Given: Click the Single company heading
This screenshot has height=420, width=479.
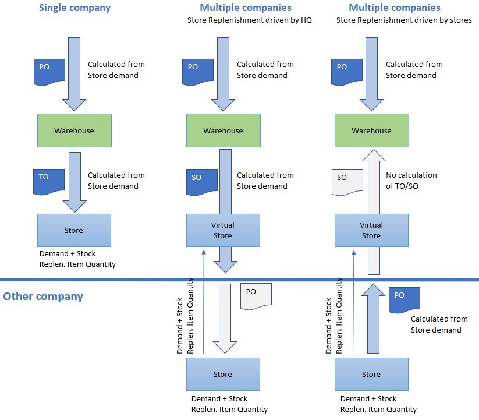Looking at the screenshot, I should pos(74,8).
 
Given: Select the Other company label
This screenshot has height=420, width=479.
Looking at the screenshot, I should pos(43,297).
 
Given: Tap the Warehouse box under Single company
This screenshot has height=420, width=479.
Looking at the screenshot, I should pos(74,130).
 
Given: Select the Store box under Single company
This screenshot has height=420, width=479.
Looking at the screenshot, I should pos(74,230).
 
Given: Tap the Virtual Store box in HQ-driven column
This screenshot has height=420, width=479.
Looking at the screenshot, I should pos(223,230).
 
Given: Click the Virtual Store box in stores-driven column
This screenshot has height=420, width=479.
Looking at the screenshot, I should pos(371,230).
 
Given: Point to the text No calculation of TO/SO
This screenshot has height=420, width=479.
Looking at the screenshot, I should pos(411,181).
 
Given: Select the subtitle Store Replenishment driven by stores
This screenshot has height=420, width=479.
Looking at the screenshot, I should pos(404,20).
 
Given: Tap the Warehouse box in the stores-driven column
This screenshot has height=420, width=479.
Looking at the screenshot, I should pos(371,130).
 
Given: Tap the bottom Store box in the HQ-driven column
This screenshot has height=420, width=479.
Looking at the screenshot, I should pos(223,375).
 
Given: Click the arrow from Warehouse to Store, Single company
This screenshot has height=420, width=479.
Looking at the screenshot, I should pos(74,181).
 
